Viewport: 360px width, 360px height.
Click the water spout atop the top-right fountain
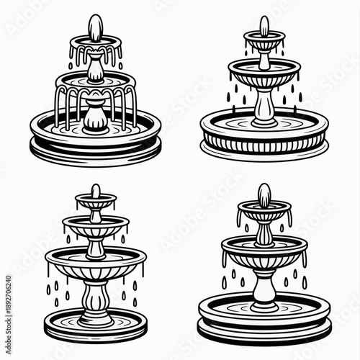[x=264, y=26]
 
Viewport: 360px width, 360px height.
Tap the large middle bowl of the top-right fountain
[x=264, y=72]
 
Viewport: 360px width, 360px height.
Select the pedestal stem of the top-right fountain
[x=264, y=104]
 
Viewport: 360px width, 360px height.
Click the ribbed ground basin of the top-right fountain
[x=264, y=137]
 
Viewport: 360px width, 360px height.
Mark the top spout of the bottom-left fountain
[x=95, y=191]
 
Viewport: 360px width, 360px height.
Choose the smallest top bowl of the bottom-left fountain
[x=95, y=204]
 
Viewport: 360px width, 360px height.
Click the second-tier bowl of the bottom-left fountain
[x=95, y=226]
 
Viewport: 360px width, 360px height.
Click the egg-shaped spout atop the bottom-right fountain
[x=264, y=194]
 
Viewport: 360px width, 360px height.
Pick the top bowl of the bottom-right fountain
[x=264, y=212]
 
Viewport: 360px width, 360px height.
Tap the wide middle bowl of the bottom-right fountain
[x=264, y=249]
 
